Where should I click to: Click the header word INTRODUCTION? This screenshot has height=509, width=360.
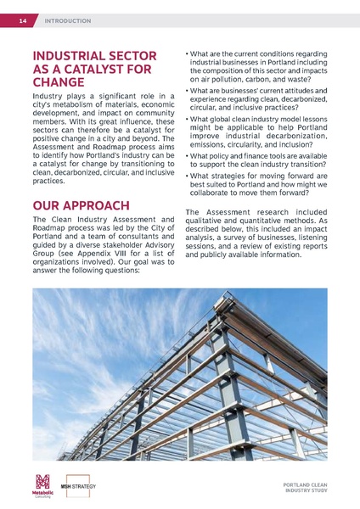click(x=67, y=20)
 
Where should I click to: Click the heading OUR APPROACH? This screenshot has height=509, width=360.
click(x=80, y=205)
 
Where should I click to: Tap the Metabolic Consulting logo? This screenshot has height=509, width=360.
click(x=42, y=487)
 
